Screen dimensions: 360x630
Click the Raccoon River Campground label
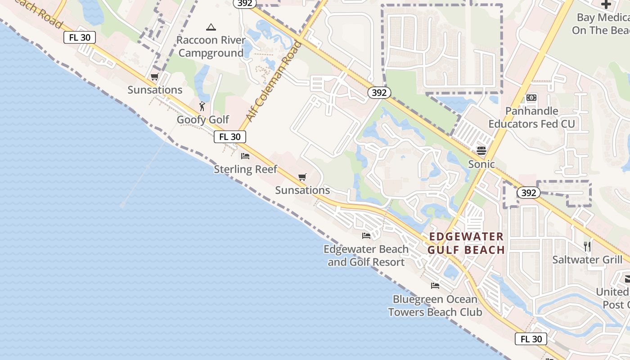point(211,47)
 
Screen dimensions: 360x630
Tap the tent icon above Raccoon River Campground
point(211,27)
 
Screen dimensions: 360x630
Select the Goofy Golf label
point(203,120)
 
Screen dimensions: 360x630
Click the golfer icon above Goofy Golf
point(202,106)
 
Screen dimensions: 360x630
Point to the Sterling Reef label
point(245,169)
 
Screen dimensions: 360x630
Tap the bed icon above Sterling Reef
point(245,156)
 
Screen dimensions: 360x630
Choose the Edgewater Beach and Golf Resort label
point(366,256)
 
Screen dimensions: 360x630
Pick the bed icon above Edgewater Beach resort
point(366,235)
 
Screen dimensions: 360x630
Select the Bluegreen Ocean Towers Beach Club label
point(435,306)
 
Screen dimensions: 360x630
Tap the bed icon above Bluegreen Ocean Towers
point(435,285)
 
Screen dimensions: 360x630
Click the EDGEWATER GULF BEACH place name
point(466,243)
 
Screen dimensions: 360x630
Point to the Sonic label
point(481,164)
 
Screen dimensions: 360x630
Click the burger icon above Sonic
point(481,151)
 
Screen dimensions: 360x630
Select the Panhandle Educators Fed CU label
point(531,117)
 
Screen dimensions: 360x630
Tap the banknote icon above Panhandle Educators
point(531,98)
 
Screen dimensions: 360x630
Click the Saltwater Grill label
point(587,260)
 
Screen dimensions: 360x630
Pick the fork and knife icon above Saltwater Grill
point(587,246)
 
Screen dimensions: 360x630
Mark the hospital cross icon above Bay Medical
point(606,4)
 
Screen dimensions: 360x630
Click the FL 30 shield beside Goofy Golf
point(229,137)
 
